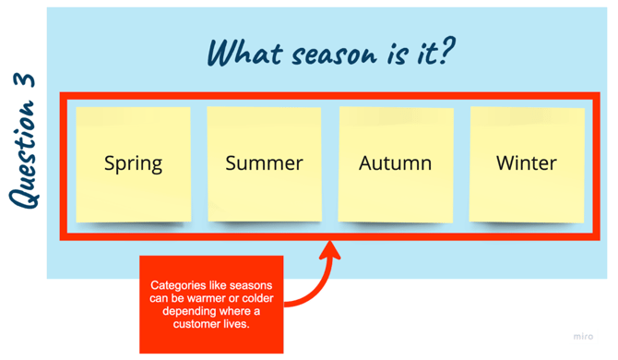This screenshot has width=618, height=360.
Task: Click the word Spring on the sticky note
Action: (133, 164)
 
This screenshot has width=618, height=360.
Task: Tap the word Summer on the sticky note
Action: (264, 163)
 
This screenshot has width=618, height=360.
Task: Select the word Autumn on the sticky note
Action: (395, 163)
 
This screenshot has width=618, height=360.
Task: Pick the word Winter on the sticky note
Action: (527, 163)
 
